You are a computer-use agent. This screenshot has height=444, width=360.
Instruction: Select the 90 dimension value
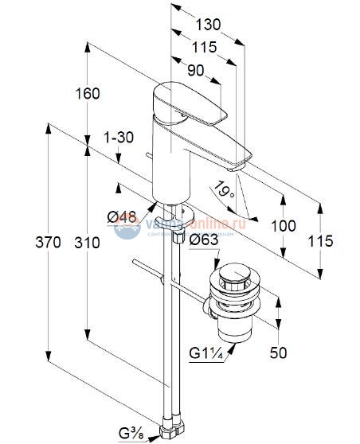click(194, 69)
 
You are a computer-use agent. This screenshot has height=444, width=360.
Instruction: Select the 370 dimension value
click(48, 243)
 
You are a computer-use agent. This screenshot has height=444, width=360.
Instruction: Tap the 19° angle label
click(222, 190)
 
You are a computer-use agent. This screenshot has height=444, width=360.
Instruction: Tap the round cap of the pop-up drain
click(230, 275)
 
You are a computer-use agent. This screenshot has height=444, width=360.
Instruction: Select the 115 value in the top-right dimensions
click(205, 48)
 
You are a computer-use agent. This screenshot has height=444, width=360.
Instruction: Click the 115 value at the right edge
click(320, 241)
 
